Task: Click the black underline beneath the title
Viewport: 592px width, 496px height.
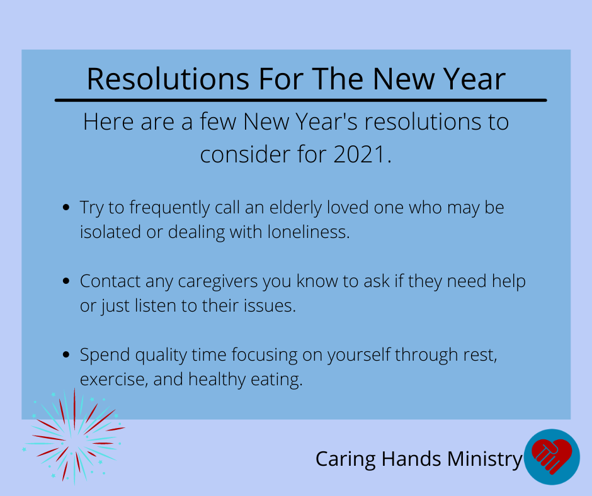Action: click(x=300, y=100)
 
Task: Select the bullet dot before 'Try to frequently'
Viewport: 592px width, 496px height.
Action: click(x=66, y=207)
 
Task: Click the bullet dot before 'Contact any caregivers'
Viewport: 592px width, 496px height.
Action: click(x=66, y=281)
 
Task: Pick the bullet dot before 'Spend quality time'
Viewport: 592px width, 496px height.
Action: click(x=66, y=354)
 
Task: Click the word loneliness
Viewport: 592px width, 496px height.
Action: click(x=309, y=232)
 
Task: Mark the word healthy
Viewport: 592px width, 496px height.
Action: click(x=217, y=380)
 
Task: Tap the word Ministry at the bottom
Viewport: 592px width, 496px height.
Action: click(x=485, y=459)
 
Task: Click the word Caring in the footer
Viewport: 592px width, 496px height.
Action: click(x=346, y=459)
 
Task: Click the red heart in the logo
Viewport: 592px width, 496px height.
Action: click(x=552, y=456)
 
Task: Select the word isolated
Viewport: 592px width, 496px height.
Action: click(x=110, y=232)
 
